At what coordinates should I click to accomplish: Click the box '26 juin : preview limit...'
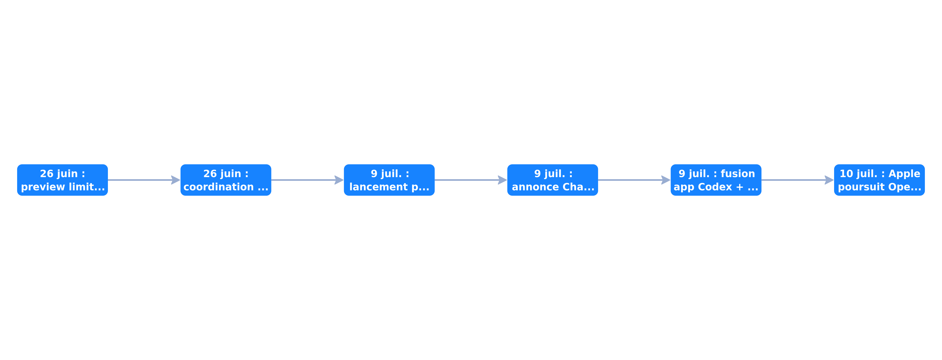(63, 180)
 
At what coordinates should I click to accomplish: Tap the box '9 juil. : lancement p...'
(389, 180)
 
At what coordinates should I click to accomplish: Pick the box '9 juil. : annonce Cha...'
(553, 180)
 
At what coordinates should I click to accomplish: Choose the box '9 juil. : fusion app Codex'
(716, 180)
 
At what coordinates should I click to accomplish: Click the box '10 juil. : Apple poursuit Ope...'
(879, 180)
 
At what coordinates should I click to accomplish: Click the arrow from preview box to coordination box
(144, 180)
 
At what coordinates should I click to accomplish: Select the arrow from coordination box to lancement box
(307, 180)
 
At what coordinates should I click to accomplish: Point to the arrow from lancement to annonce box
(471, 180)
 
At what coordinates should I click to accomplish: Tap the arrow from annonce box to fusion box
(635, 180)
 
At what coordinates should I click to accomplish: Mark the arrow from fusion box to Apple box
(798, 180)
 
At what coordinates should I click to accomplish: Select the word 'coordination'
(219, 187)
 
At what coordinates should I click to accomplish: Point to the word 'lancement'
(379, 187)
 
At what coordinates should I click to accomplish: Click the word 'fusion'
(738, 173)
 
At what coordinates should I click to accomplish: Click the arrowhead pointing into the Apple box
(829, 180)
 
